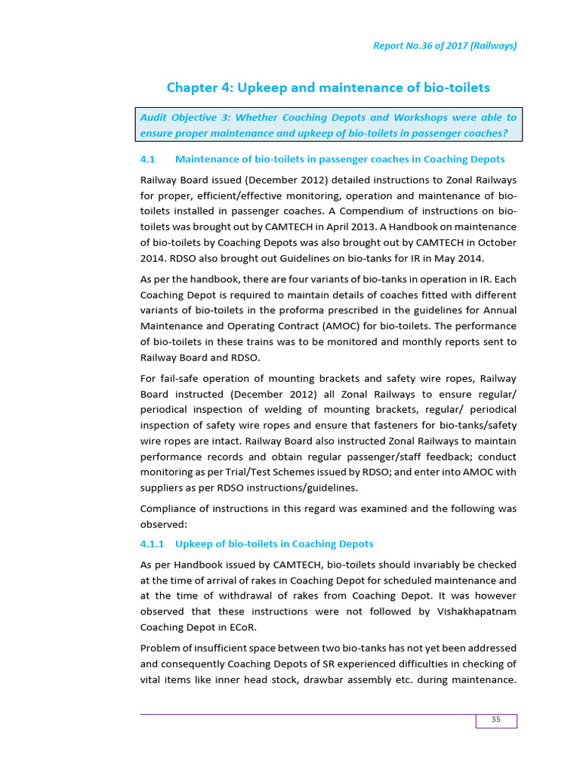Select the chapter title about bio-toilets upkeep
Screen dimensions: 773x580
point(328,88)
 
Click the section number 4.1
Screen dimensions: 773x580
point(148,159)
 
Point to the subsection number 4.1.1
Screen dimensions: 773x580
point(152,544)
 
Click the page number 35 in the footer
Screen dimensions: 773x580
point(496,719)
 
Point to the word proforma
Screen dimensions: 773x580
point(309,310)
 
